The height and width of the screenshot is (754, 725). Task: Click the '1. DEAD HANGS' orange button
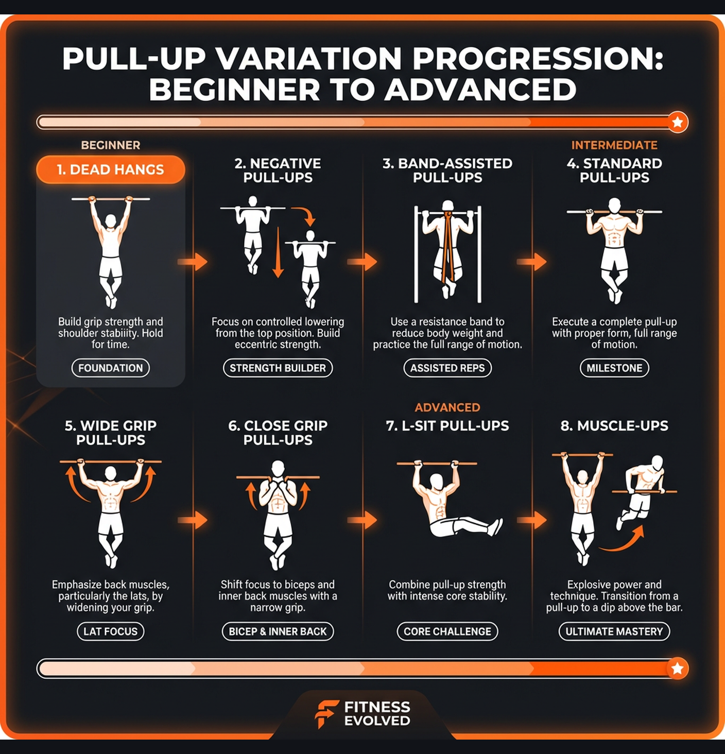tap(110, 169)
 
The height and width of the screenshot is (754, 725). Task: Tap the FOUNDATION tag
tap(110, 368)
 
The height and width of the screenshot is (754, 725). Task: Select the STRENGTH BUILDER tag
tap(278, 368)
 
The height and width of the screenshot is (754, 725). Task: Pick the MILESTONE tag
tap(614, 368)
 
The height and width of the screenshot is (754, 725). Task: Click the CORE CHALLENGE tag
tap(447, 631)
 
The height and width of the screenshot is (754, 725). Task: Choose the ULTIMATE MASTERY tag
tap(614, 631)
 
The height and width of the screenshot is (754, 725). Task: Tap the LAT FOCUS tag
tap(110, 631)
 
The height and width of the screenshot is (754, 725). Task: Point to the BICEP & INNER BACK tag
tap(278, 631)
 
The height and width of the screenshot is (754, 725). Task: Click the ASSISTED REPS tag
tap(447, 368)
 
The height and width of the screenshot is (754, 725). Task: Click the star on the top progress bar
tap(678, 122)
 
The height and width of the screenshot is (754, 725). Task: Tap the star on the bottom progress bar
tap(678, 669)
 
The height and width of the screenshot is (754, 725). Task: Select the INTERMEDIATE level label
tap(614, 145)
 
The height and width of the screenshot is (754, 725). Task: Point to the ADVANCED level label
tap(447, 407)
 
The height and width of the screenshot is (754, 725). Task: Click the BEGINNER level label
tap(110, 145)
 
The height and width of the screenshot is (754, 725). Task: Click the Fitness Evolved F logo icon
tap(326, 713)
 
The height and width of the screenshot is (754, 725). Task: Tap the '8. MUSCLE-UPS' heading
tap(614, 426)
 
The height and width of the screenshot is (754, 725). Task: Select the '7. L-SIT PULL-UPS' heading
tap(447, 426)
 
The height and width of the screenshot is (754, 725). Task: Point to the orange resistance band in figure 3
tap(447, 247)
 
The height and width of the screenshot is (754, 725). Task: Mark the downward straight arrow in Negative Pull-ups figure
tap(278, 252)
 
